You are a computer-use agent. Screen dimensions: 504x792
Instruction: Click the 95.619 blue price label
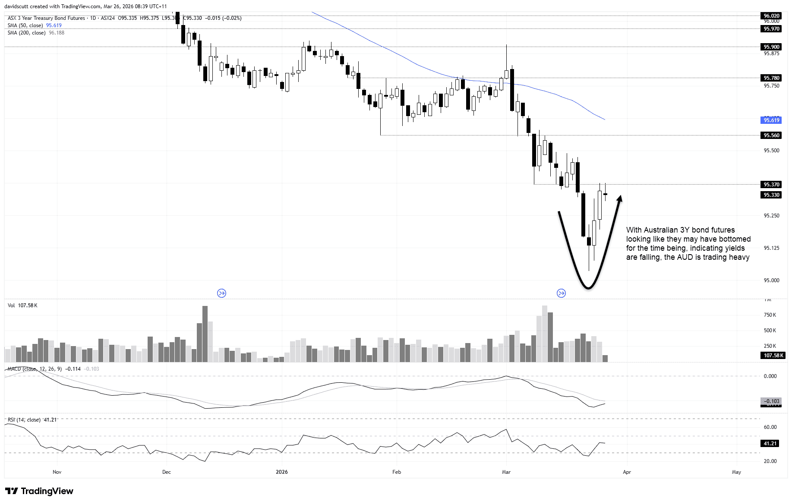tap(772, 120)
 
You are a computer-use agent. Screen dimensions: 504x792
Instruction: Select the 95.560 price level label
tap(772, 135)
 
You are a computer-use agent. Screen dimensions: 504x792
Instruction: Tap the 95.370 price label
tap(772, 184)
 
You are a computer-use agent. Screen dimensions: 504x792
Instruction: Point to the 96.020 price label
tap(772, 16)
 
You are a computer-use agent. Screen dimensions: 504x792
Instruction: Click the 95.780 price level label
tap(772, 78)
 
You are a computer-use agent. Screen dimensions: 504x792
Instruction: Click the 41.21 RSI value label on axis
tap(770, 443)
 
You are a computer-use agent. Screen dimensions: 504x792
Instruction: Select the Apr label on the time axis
tap(627, 472)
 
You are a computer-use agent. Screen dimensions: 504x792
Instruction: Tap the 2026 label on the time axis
tap(282, 472)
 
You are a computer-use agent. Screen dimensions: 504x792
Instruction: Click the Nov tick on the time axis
tap(57, 472)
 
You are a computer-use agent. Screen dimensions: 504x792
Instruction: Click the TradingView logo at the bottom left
tap(39, 491)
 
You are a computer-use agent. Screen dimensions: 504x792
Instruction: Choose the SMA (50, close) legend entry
tap(25, 25)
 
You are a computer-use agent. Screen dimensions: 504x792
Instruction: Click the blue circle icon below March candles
tap(561, 293)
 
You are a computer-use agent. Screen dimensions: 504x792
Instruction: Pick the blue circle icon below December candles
tap(221, 293)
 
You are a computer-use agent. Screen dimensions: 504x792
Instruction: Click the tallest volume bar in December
tap(205, 334)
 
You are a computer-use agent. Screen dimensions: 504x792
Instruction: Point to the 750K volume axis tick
tap(770, 315)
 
